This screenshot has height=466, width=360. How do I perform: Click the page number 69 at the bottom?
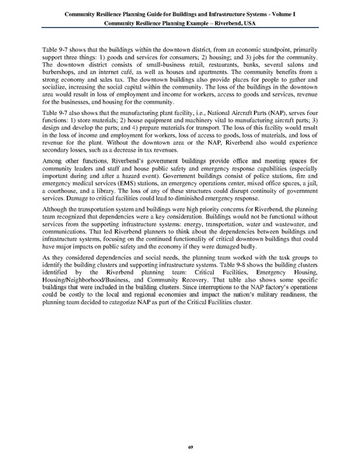coord(180,447)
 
